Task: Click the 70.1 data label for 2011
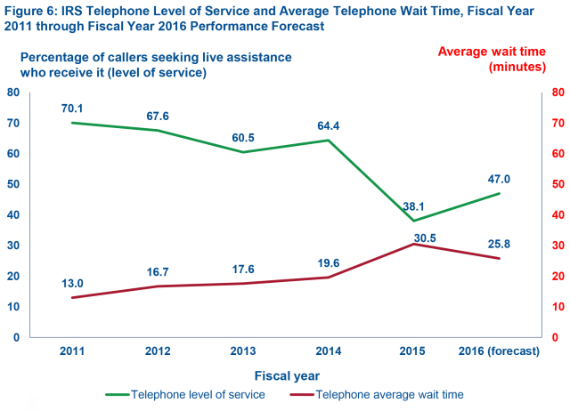click(72, 109)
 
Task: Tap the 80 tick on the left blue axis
click(14, 93)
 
